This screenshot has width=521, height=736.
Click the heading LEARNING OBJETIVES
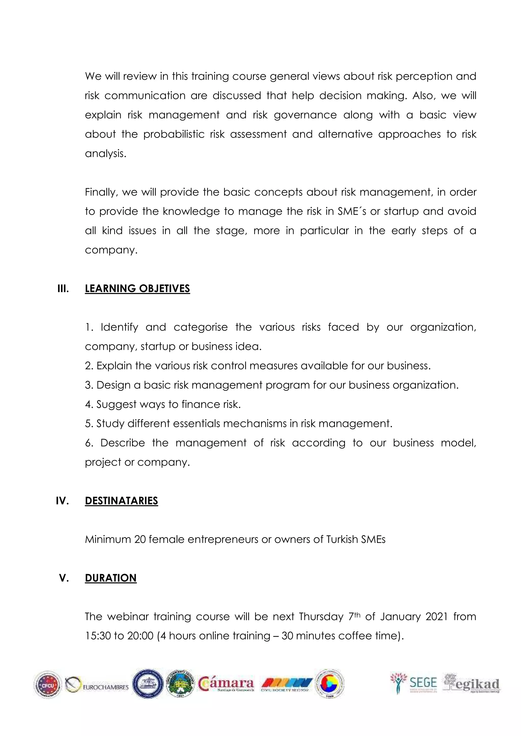coord(137,288)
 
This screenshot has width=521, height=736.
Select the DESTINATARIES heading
coord(121,501)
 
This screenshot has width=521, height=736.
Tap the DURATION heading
coord(111,578)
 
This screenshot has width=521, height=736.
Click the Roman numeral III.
coord(63,288)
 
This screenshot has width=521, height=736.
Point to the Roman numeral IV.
coord(62,501)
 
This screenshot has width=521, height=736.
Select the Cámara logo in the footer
coord(226,684)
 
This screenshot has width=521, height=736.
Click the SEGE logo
coord(414,684)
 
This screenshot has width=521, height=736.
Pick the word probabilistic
coord(173,134)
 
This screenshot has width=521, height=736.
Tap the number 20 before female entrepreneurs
coord(140,540)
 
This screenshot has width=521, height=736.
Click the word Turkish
coord(342,540)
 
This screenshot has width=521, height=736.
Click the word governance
coord(305,115)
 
